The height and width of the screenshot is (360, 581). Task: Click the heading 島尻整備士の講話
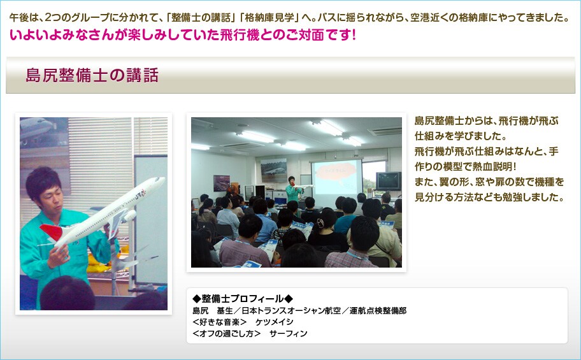point(92,75)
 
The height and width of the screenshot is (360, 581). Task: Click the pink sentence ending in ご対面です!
point(183,35)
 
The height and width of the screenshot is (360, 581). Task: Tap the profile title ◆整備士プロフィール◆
point(243,298)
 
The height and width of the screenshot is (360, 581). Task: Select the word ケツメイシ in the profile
point(274,322)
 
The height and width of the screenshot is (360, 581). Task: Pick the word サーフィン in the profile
point(289,333)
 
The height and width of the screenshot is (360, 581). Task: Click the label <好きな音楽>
point(220,322)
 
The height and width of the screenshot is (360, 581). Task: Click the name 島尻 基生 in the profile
point(213,310)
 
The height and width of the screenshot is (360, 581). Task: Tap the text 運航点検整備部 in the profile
point(378,310)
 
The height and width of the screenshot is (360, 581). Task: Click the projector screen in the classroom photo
point(336,178)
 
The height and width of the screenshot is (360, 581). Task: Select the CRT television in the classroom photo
point(389,181)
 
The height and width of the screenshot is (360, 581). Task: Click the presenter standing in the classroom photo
point(292,190)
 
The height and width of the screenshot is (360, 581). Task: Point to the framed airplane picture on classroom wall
point(274,170)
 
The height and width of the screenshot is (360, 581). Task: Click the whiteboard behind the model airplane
point(150,219)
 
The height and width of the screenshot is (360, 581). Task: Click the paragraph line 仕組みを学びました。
point(461,136)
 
